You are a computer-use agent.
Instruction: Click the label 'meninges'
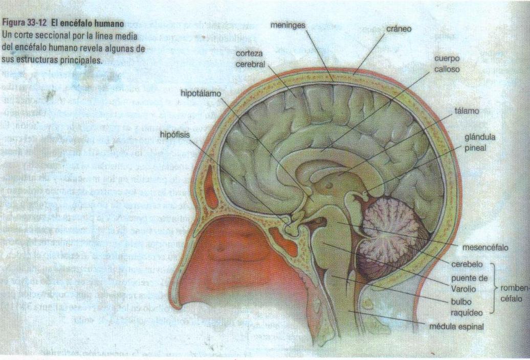289,25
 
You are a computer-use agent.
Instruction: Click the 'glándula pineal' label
479,143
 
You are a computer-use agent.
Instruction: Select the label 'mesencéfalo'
485,247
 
